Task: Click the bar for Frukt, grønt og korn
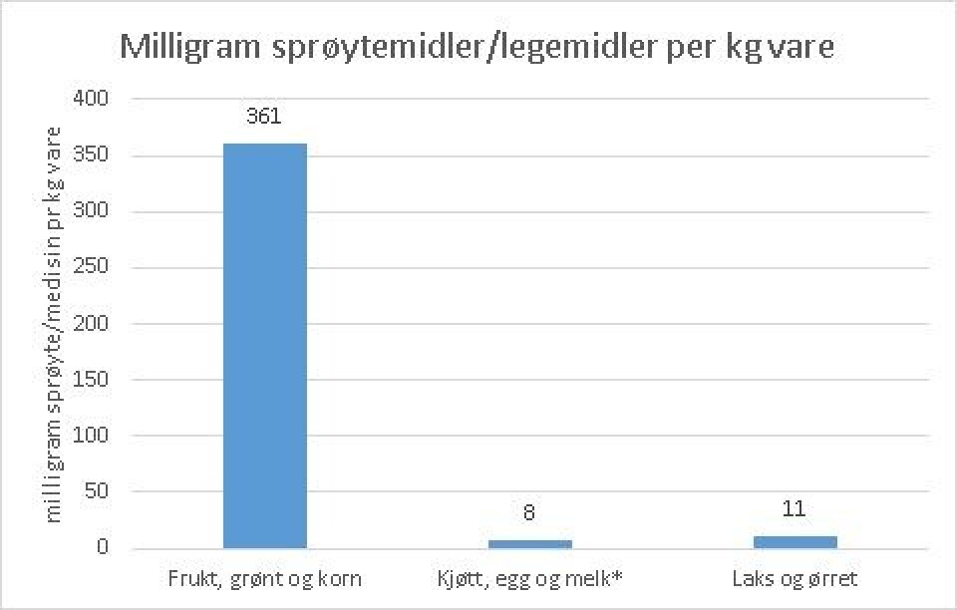[x=264, y=346]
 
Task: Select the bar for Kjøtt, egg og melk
[x=529, y=544]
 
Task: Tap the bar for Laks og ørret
[x=795, y=542]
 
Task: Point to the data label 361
[x=264, y=116]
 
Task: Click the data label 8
[x=529, y=513]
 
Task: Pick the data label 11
[x=795, y=509]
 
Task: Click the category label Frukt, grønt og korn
[x=264, y=577]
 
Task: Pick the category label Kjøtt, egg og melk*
[x=529, y=577]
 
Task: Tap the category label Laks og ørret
[x=795, y=577]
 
